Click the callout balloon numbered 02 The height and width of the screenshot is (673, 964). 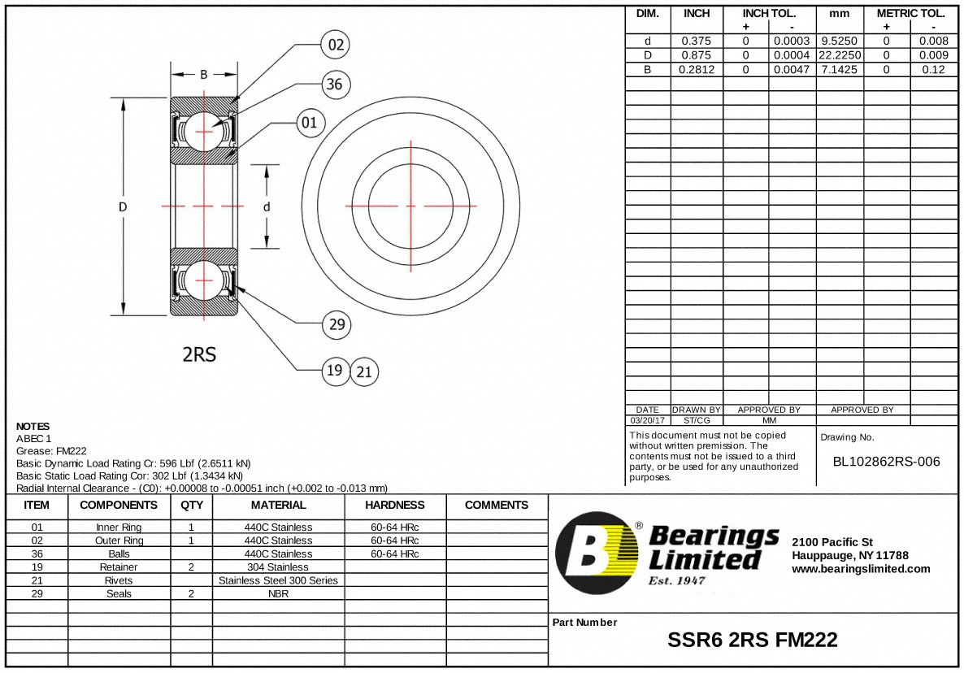click(337, 44)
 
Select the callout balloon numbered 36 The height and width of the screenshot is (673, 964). click(333, 84)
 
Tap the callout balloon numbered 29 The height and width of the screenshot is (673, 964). click(336, 325)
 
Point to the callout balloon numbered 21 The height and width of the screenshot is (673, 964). click(364, 372)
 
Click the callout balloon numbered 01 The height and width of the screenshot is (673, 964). click(309, 123)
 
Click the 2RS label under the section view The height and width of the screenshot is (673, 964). click(199, 354)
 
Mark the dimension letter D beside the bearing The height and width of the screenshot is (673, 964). click(123, 206)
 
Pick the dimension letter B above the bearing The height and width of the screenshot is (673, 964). click(204, 74)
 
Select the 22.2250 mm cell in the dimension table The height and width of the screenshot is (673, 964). click(839, 55)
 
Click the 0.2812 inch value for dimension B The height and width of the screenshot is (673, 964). click(696, 70)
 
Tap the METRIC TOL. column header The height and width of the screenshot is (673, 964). click(910, 14)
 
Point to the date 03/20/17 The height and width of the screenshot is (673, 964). click(647, 421)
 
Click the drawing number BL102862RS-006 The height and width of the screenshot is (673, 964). click(886, 462)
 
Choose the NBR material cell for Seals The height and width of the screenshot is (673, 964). click(278, 593)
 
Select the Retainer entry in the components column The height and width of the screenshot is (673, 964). click(119, 567)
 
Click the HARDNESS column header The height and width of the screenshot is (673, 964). click(395, 505)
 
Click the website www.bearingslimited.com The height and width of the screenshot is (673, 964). click(860, 569)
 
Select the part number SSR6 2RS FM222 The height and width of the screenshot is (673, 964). click(752, 640)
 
